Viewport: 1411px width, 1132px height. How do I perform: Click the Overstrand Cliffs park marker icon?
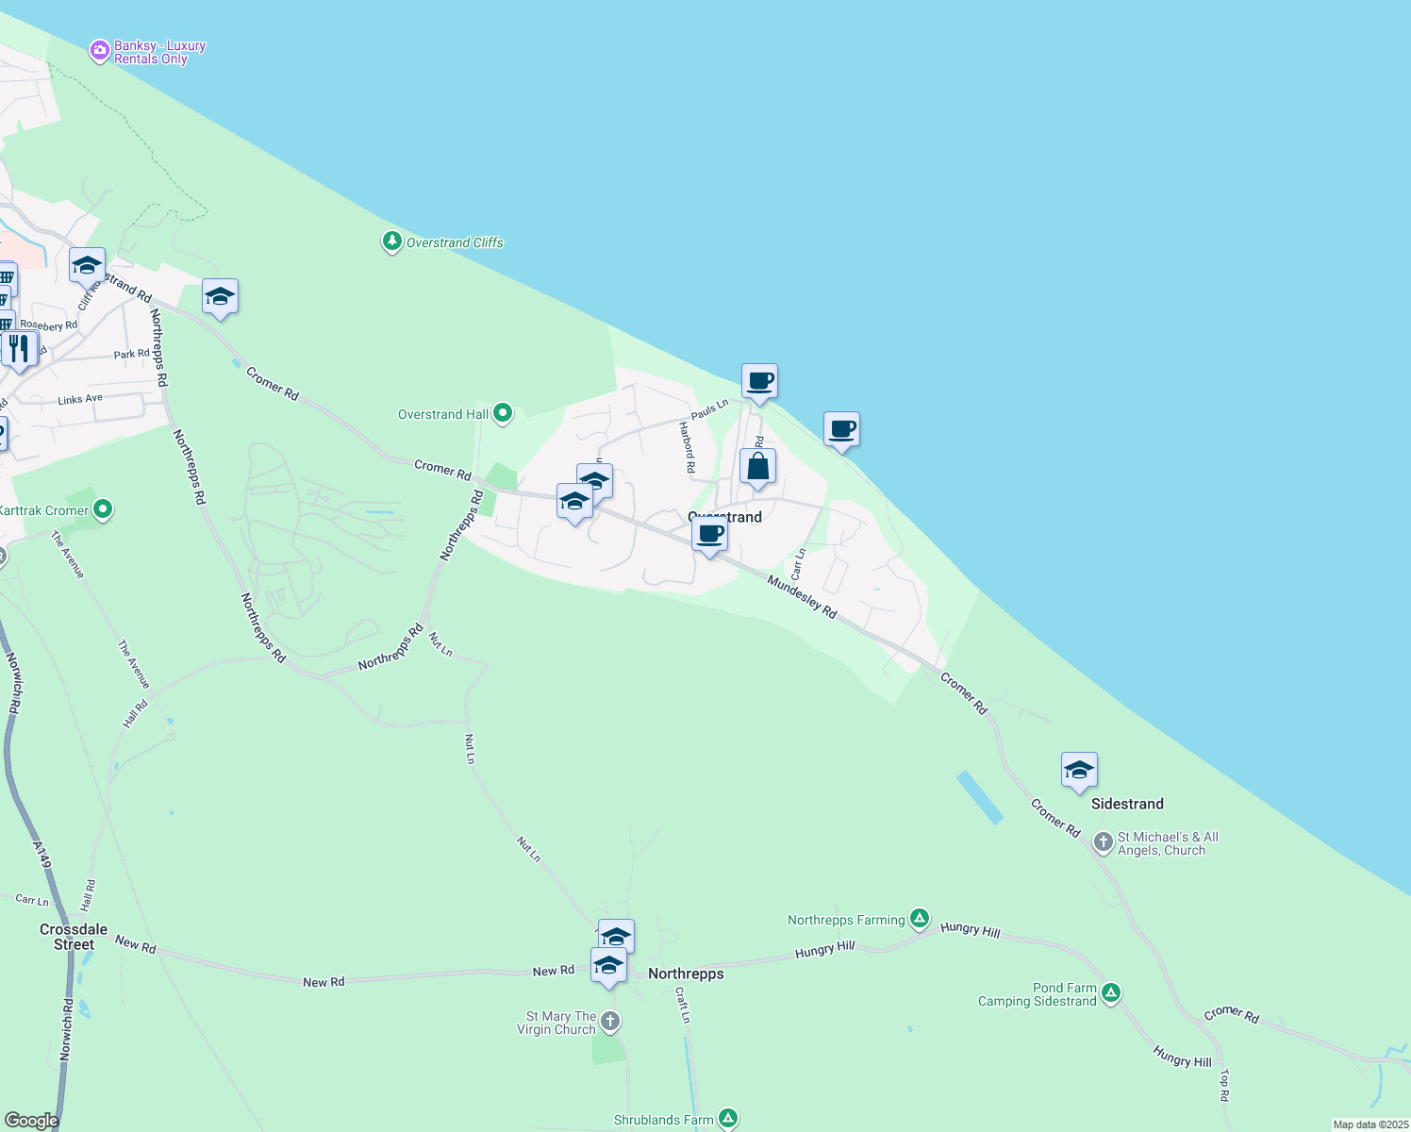(x=392, y=241)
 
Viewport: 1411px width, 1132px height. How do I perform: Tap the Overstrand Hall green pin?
(x=503, y=413)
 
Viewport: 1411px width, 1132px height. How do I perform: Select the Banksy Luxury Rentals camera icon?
(x=99, y=51)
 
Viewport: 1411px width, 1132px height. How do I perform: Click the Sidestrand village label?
(x=1127, y=804)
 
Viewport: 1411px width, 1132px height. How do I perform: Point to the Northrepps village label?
(x=686, y=974)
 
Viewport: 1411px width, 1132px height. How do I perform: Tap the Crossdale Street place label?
(x=74, y=937)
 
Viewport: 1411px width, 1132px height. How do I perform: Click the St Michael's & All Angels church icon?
(x=1103, y=841)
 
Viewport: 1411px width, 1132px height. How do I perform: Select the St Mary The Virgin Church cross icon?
(x=610, y=1021)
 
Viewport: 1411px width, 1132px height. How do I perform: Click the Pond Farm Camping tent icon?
(x=1111, y=992)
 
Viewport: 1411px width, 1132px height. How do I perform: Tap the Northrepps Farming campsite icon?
(x=920, y=919)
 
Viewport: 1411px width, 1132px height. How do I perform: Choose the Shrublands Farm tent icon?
(x=727, y=1119)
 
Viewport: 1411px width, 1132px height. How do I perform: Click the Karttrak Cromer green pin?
(x=104, y=510)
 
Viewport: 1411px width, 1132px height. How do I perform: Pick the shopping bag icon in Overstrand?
(x=757, y=467)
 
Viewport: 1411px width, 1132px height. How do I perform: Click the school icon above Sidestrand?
(x=1079, y=771)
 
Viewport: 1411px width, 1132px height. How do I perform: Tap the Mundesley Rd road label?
(x=802, y=597)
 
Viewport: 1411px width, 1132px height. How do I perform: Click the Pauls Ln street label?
(x=709, y=409)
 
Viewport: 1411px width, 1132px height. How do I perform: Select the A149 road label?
(x=42, y=855)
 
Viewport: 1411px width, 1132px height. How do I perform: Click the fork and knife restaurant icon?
(x=19, y=349)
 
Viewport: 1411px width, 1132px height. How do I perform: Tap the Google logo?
(x=31, y=1120)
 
